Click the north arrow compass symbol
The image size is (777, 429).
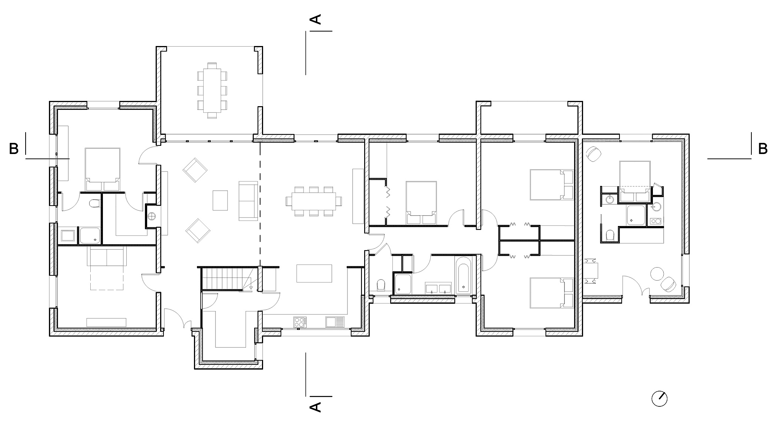(660, 399)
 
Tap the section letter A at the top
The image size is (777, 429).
(315, 19)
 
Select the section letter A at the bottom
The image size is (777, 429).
(315, 407)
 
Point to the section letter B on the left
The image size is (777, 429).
(14, 149)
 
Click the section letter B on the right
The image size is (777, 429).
(763, 149)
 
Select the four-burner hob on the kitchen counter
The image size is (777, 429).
(300, 322)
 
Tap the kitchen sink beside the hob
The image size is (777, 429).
(335, 322)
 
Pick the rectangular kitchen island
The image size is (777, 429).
(314, 274)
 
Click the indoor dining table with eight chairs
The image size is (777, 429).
(314, 201)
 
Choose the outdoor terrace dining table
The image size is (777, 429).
(212, 91)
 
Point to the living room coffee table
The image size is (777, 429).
(220, 200)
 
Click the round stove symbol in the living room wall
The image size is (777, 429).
(152, 216)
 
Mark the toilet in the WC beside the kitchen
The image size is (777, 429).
(381, 285)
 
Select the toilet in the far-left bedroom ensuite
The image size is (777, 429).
(95, 204)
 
